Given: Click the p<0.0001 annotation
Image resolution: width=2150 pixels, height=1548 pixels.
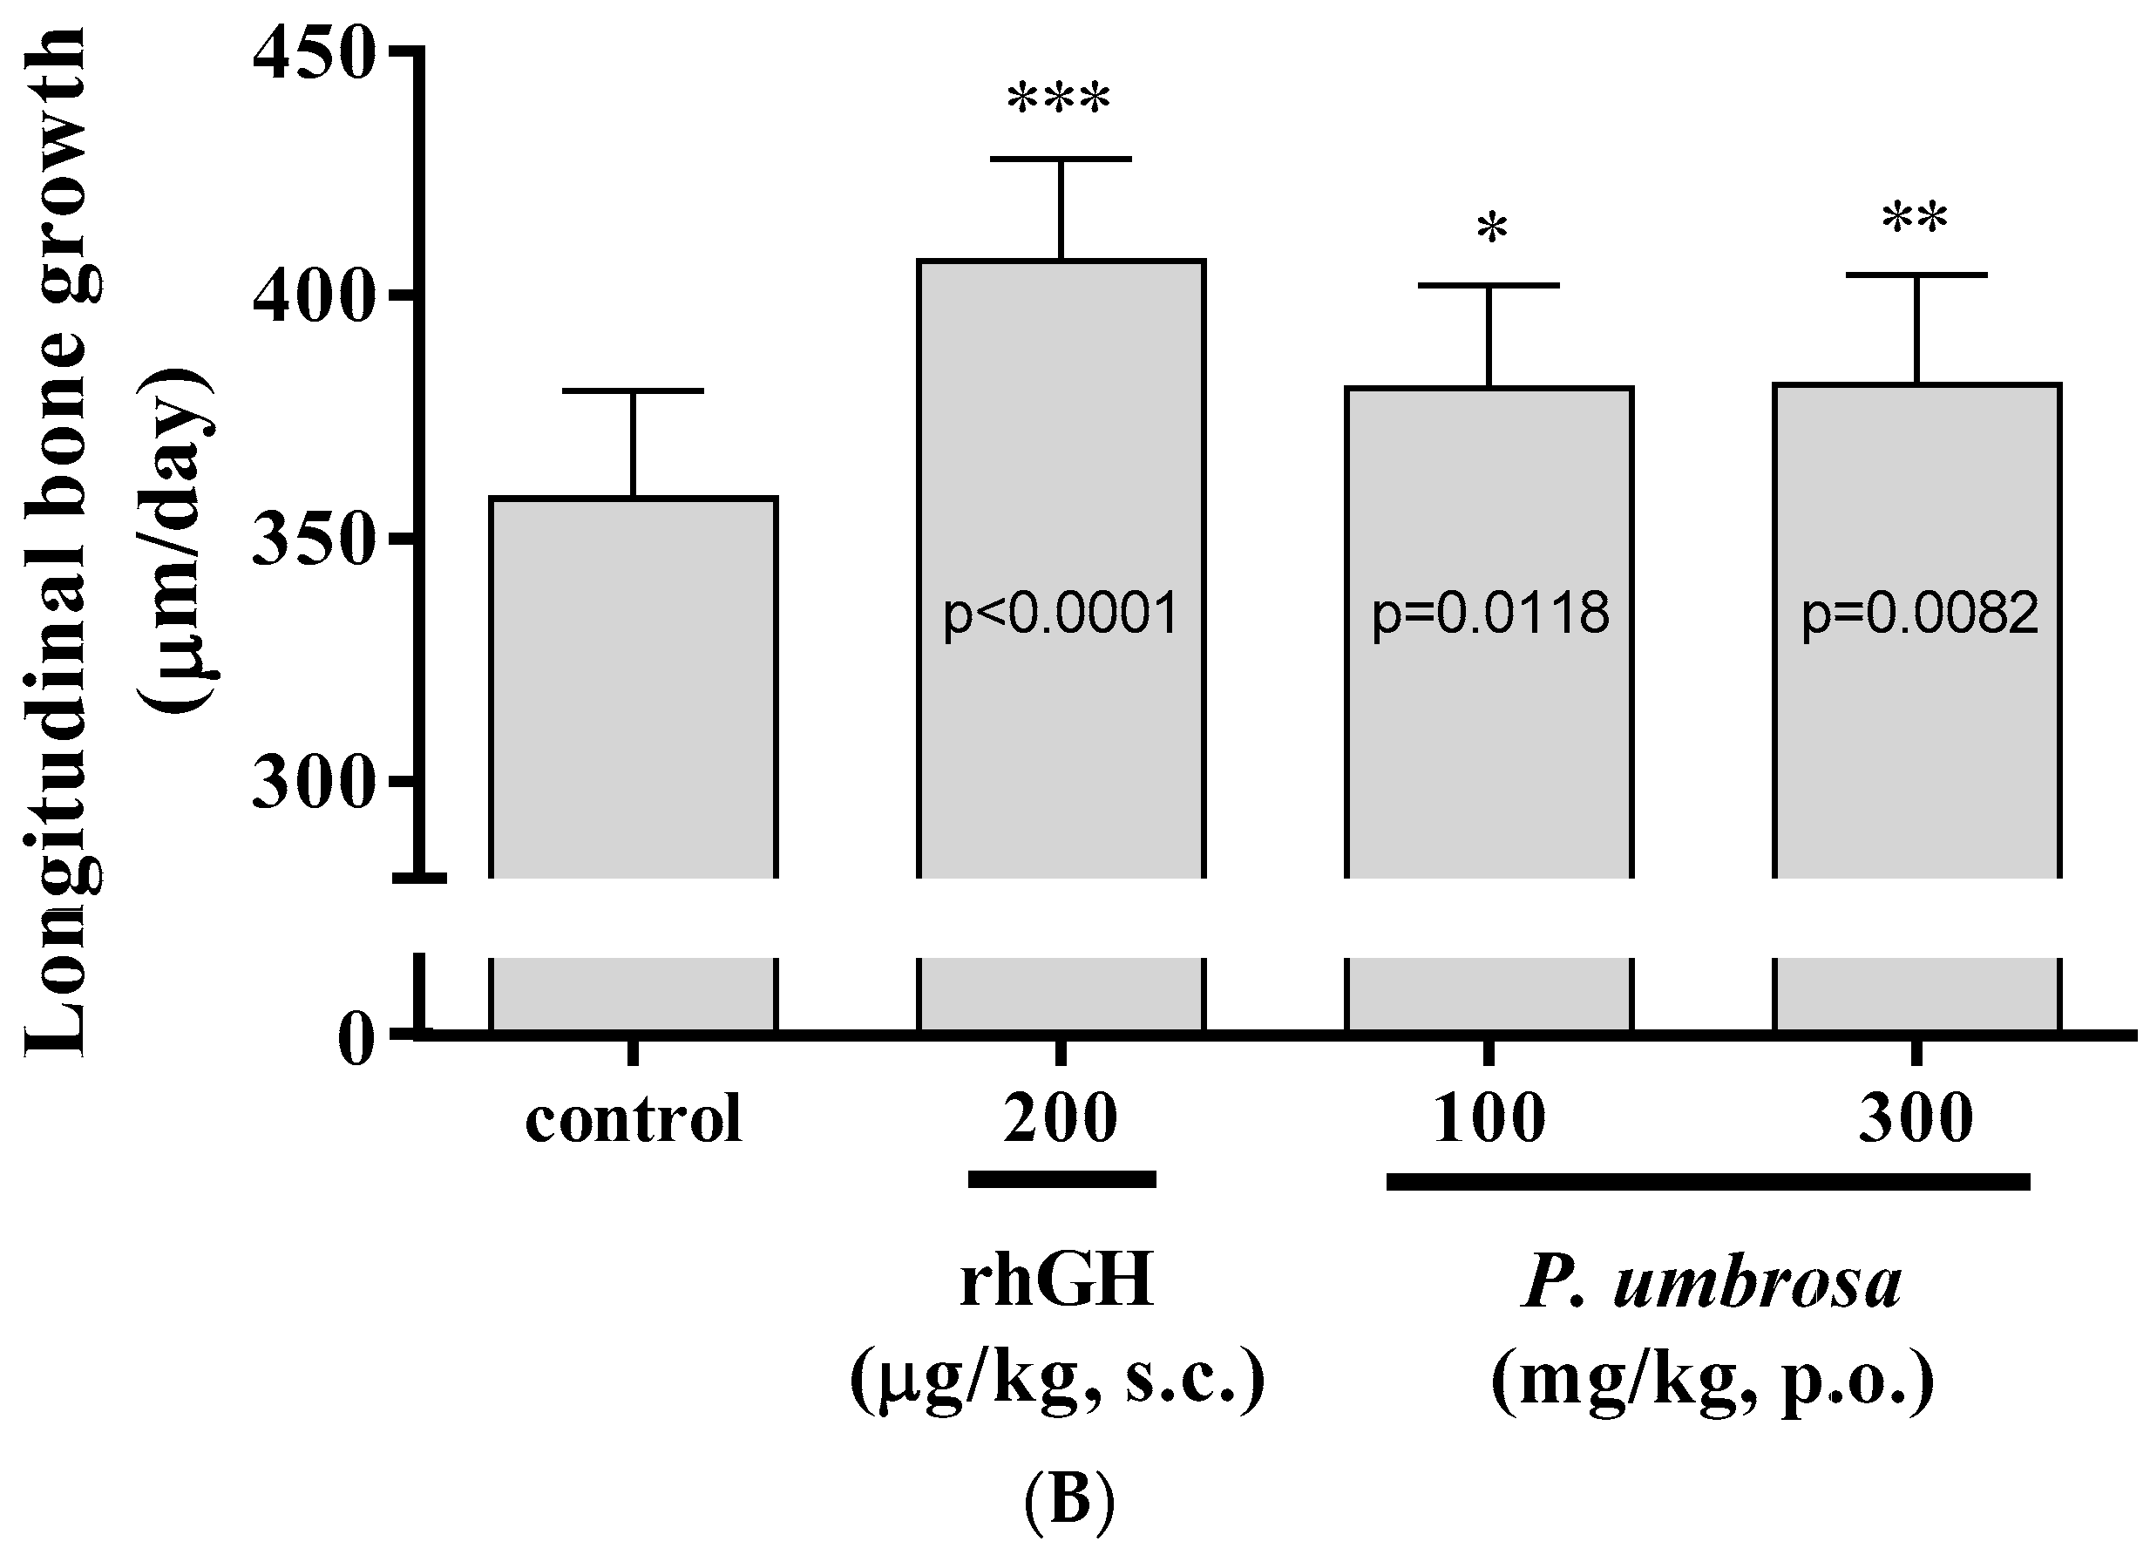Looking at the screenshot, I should [x=1061, y=614].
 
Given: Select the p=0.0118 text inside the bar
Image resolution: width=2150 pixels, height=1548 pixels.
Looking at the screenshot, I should [x=1490, y=614].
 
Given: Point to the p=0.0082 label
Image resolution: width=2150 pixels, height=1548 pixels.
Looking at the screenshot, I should [x=1920, y=614].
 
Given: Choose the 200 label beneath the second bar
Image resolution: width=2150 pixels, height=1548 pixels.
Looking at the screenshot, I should [x=1061, y=1118].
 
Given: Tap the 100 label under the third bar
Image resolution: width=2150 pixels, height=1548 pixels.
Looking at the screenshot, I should [x=1489, y=1118].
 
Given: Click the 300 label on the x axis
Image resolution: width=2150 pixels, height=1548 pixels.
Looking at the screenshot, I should [x=1916, y=1118].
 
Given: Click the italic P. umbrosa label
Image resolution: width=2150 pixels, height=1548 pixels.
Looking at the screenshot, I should [x=1711, y=1285].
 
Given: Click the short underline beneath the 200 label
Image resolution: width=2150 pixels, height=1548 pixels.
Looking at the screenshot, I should [x=1061, y=1179].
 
